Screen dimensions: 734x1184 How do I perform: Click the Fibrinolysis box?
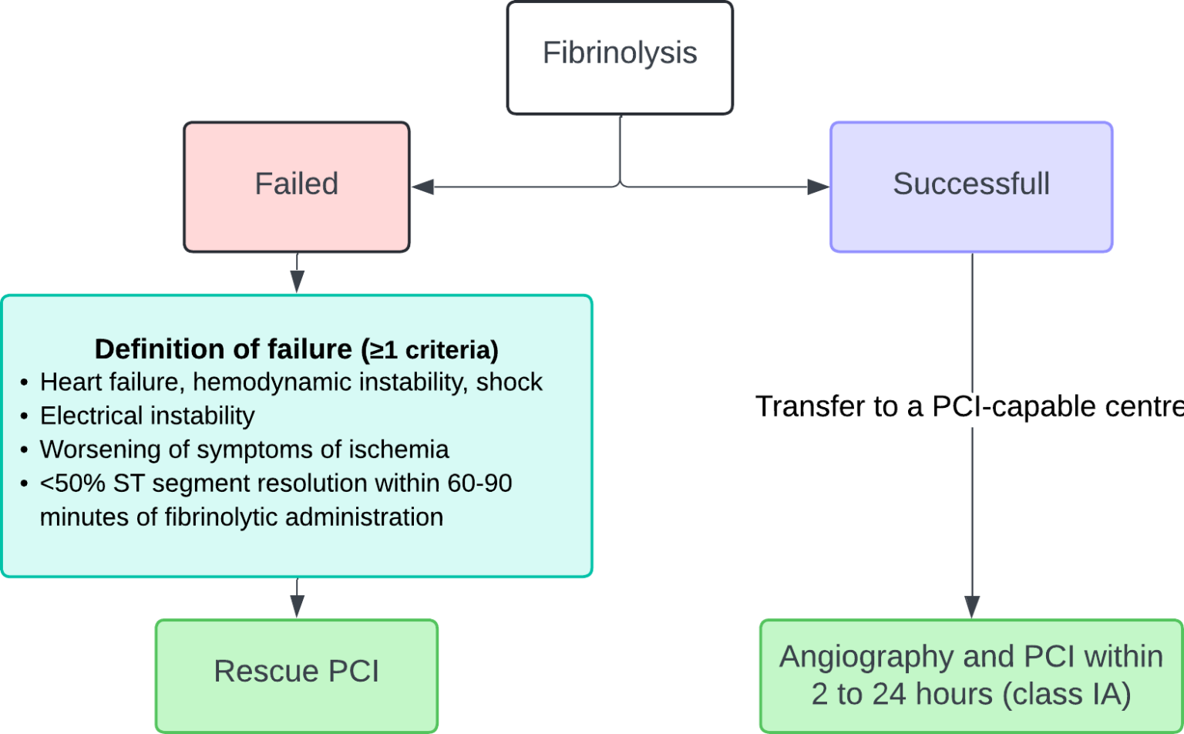tap(620, 58)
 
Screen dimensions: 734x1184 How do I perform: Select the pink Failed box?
tap(297, 186)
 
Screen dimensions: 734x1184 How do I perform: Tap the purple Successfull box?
tap(971, 186)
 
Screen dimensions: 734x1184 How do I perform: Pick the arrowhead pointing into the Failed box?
tap(422, 187)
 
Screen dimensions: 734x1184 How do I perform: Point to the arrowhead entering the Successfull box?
tap(818, 187)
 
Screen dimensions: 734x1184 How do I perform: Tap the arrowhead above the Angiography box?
tap(972, 607)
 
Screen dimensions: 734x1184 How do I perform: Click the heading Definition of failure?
tap(224, 349)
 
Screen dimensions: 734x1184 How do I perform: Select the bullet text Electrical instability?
tap(147, 416)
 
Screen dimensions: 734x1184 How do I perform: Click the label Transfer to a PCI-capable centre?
tap(968, 406)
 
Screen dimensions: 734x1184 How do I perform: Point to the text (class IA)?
tap(1067, 694)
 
